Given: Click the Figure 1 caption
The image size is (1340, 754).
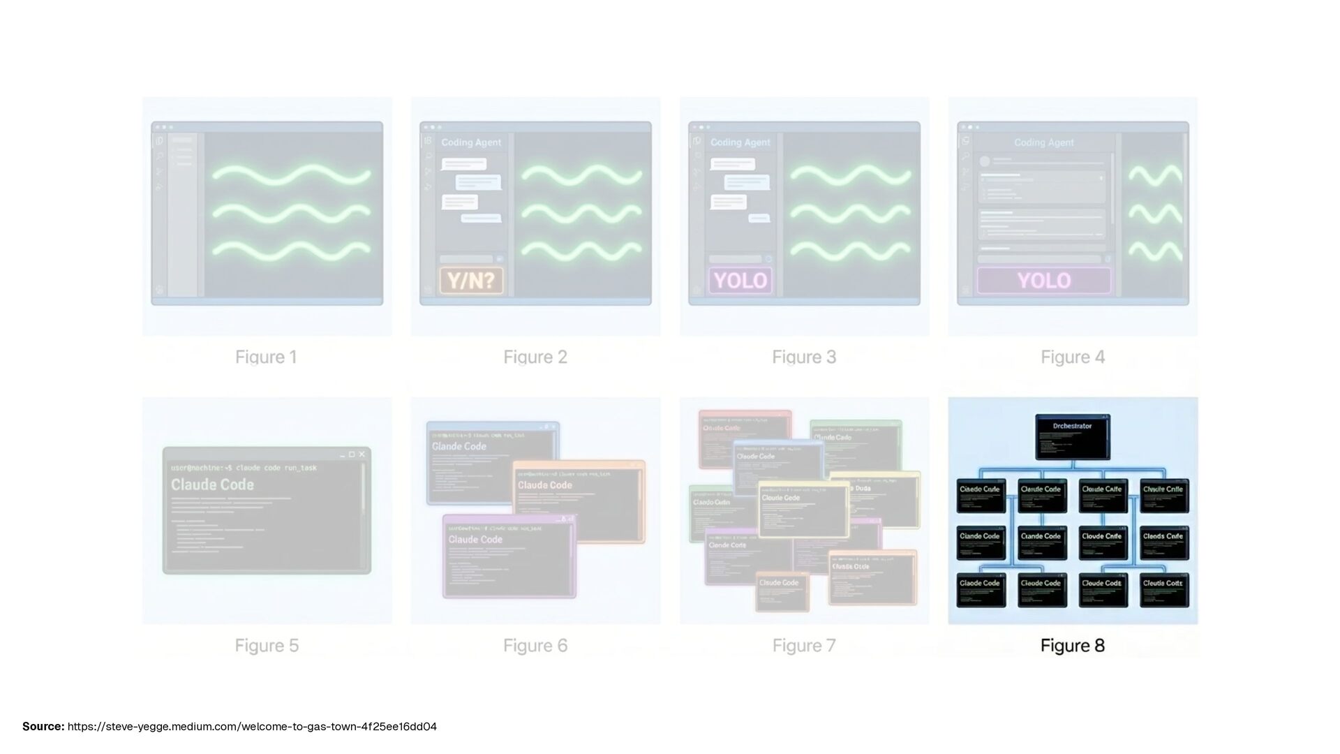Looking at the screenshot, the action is [266, 357].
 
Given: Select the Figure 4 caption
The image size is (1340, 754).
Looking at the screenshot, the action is [1073, 357].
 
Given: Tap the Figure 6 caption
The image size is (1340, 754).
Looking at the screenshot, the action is [535, 646].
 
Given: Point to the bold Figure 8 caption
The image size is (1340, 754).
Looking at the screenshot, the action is [1073, 646].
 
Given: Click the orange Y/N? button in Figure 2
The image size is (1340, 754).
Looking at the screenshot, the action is [471, 281].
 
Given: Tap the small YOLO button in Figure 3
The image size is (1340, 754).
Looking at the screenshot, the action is [740, 281].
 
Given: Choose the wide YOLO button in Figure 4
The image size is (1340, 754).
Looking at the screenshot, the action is [1043, 281].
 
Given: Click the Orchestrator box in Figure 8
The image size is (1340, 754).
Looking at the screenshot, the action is [1073, 436].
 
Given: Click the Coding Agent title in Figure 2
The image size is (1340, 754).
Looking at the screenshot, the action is [471, 142].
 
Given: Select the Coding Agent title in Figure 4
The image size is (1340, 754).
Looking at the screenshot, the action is [1043, 142].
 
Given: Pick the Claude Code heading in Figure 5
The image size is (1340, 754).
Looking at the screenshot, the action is [212, 485].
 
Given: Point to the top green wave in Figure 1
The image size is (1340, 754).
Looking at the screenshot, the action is [292, 175].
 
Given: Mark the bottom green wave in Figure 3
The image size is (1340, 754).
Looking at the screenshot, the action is [850, 250].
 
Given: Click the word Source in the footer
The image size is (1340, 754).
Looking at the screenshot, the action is [43, 727].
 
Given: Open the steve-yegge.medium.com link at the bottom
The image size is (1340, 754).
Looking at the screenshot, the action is [252, 727].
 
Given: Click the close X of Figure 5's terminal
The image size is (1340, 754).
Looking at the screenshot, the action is [362, 454].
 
